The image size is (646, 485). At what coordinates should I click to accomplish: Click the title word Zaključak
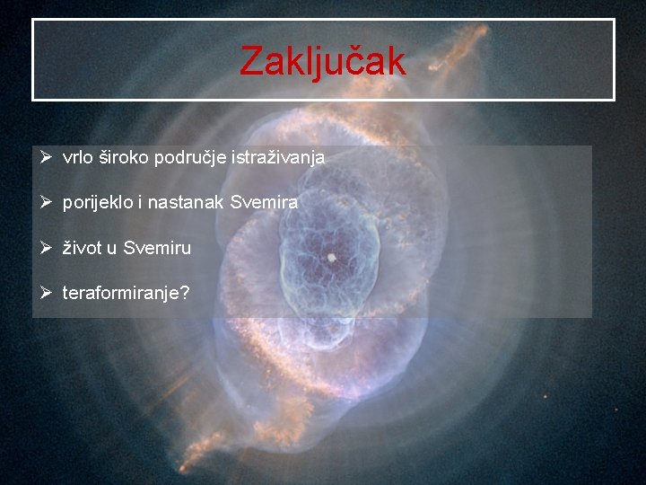323,61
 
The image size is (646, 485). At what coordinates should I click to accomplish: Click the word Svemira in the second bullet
264,203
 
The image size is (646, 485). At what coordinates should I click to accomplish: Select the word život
83,248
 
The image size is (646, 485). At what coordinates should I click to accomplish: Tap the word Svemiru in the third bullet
157,248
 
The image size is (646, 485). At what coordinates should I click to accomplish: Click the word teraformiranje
120,293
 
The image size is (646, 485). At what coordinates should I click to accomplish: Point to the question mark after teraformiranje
185,293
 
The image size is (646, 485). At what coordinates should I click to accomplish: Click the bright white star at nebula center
331,257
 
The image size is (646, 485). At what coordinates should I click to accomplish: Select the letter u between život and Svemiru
112,248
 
